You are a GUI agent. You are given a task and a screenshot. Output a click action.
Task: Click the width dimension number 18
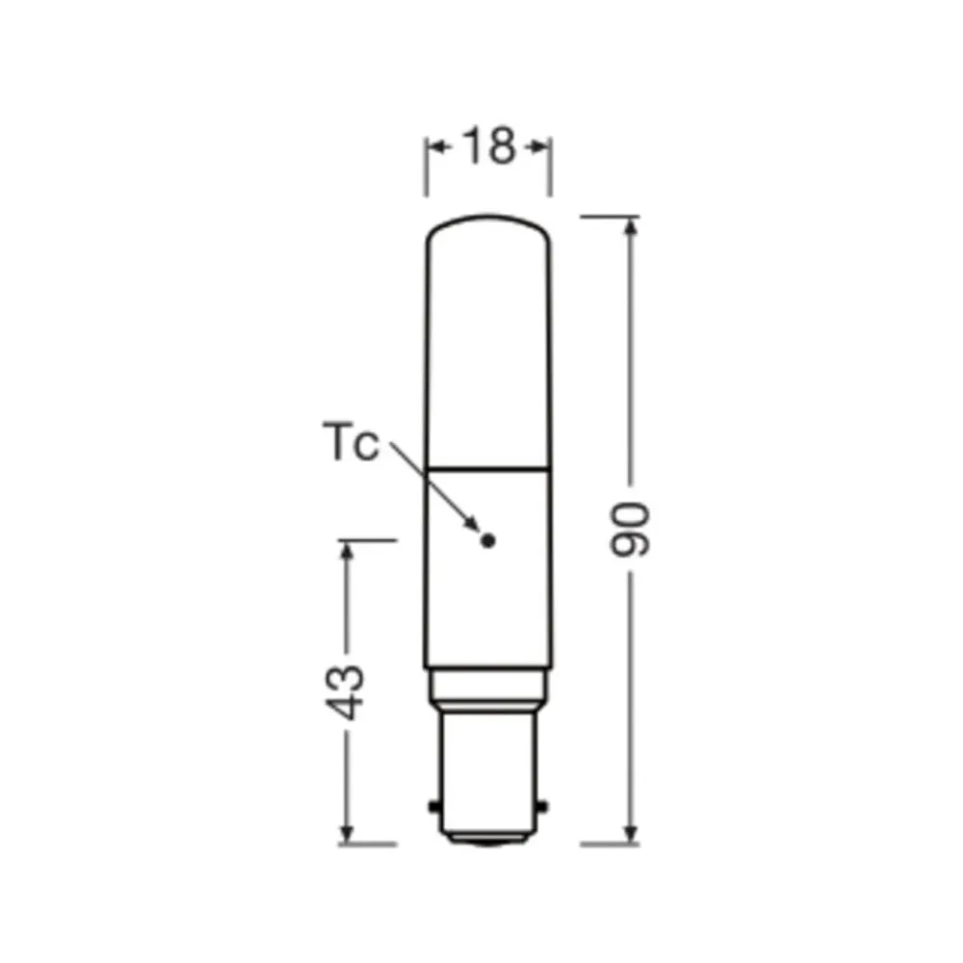488,145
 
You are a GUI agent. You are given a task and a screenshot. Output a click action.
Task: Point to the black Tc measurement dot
488,541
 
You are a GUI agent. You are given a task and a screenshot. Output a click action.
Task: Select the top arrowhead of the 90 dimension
631,227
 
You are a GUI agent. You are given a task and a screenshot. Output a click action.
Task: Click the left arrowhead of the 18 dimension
433,146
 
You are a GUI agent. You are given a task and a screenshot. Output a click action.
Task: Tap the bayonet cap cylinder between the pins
487,770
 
